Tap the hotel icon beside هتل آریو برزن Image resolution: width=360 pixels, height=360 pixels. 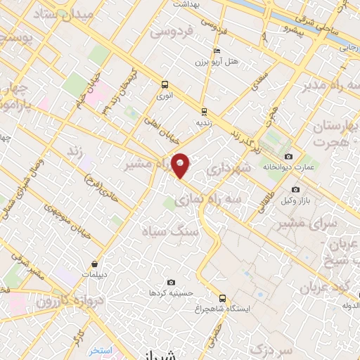[217, 51]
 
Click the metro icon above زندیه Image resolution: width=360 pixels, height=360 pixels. [204, 111]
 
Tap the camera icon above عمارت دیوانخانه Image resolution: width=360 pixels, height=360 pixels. [288, 156]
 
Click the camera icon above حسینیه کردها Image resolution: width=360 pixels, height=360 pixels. [170, 282]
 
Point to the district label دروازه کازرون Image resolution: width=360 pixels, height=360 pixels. [53, 294]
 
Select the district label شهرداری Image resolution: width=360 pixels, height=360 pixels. [225, 169]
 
